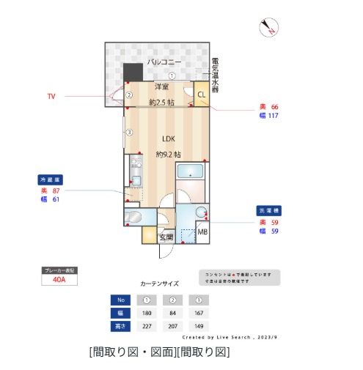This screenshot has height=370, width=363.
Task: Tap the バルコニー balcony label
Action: click(x=164, y=62)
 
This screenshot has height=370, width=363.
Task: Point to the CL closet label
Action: click(x=201, y=93)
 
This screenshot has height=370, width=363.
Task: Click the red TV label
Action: click(x=51, y=96)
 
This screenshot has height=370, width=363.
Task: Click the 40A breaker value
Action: click(x=59, y=279)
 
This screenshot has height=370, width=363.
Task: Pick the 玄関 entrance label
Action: click(x=166, y=236)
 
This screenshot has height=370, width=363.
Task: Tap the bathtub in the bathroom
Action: click(x=193, y=173)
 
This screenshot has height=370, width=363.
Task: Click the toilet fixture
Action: click(x=135, y=218)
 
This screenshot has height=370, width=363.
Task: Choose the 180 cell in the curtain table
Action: click(x=146, y=312)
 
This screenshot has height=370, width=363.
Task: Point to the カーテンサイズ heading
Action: click(x=159, y=282)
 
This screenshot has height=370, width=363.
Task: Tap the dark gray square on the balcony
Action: click(x=133, y=73)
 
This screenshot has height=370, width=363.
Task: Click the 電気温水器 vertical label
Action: click(x=214, y=75)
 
